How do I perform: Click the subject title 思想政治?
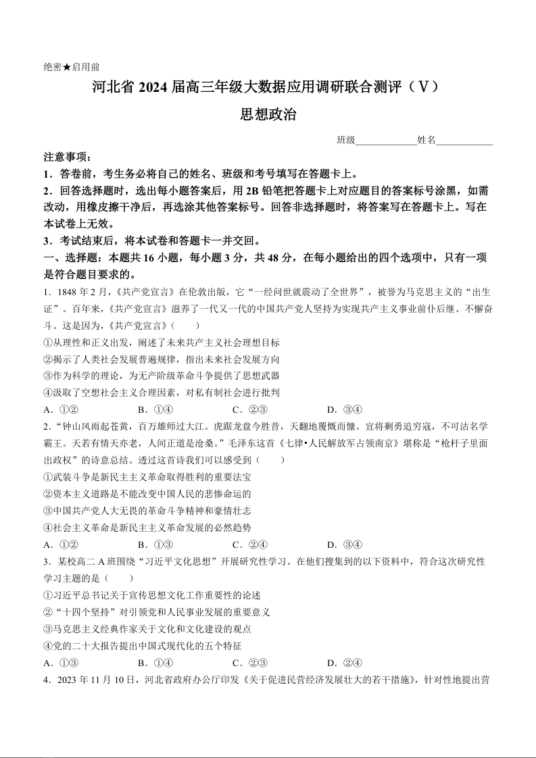click(x=268, y=115)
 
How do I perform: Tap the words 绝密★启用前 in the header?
click(x=72, y=67)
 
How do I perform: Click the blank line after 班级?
click(x=386, y=141)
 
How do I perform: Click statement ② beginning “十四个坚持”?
click(x=157, y=612)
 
